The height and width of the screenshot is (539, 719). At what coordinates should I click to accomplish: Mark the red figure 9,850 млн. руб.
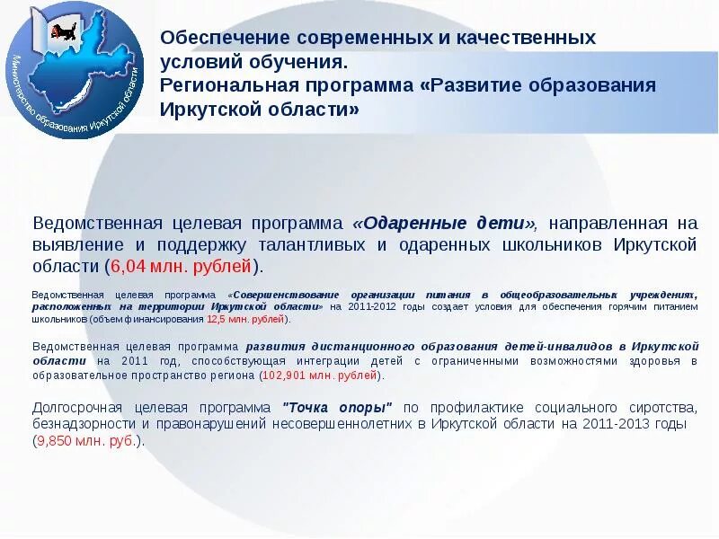coord(87,440)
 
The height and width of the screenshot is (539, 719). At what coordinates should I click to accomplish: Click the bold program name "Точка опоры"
coord(338,406)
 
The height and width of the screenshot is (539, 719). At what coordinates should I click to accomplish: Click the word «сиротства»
coord(661,406)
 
